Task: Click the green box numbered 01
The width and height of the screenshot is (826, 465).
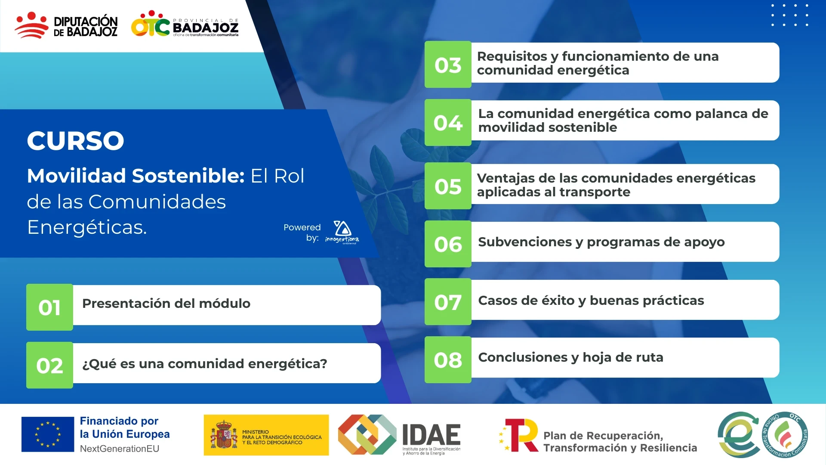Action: [49, 307]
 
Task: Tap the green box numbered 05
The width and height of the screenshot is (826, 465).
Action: [448, 186]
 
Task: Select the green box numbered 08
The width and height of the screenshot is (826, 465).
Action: [448, 360]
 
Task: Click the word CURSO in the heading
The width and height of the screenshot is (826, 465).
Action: [75, 140]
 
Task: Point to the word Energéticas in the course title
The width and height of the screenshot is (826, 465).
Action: [86, 227]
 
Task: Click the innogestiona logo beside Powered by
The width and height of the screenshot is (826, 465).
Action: [342, 232]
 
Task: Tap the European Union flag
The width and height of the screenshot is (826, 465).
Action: [48, 434]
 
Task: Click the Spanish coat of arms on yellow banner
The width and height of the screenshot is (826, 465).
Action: [223, 435]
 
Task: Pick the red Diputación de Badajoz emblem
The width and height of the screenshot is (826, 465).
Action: [31, 25]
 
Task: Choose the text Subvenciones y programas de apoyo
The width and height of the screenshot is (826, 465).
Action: [601, 242]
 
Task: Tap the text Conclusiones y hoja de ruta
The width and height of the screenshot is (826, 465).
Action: [570, 357]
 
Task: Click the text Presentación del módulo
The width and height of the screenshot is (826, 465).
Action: [166, 304]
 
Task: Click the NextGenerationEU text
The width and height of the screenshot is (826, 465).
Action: [120, 449]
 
